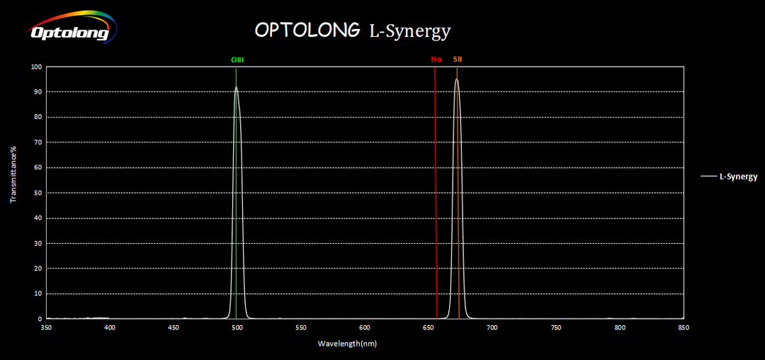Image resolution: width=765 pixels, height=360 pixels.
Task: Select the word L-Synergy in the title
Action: (x=409, y=31)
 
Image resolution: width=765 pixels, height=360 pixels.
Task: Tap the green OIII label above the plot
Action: (x=237, y=60)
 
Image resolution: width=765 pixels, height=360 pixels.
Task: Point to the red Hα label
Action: (x=436, y=60)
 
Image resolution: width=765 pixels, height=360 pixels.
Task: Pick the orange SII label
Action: (x=458, y=60)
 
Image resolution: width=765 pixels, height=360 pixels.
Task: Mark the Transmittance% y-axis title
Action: (x=13, y=174)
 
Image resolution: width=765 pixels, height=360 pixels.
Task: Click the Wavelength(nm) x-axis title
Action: (x=347, y=344)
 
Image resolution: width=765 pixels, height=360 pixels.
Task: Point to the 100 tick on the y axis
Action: (x=36, y=67)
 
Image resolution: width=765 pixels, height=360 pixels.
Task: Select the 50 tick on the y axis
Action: (x=38, y=193)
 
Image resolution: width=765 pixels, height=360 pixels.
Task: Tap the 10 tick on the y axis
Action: (x=38, y=293)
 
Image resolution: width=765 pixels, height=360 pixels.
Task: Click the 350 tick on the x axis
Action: (x=46, y=327)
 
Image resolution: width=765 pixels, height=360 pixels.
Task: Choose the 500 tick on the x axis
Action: (x=237, y=327)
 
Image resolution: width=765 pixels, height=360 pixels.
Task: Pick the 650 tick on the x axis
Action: (x=429, y=327)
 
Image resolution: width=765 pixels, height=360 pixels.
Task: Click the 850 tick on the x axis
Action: (x=684, y=327)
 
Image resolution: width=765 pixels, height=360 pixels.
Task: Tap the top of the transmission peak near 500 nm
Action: (x=236, y=88)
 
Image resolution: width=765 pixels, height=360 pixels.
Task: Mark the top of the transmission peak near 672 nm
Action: (x=457, y=79)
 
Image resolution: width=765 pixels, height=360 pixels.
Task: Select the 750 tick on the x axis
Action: (x=556, y=327)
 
